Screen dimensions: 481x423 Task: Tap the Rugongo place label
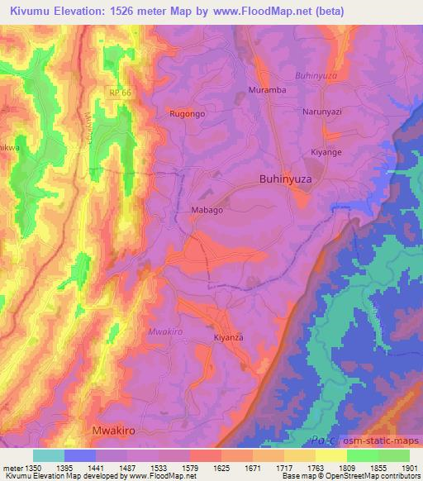(x=186, y=114)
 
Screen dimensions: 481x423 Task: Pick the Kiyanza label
(x=229, y=338)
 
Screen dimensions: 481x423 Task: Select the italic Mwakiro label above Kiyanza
(x=164, y=331)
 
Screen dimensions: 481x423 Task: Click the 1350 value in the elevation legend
(x=33, y=468)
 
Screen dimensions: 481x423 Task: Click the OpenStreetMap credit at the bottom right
(x=391, y=476)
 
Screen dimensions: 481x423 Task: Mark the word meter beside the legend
(x=11, y=468)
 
